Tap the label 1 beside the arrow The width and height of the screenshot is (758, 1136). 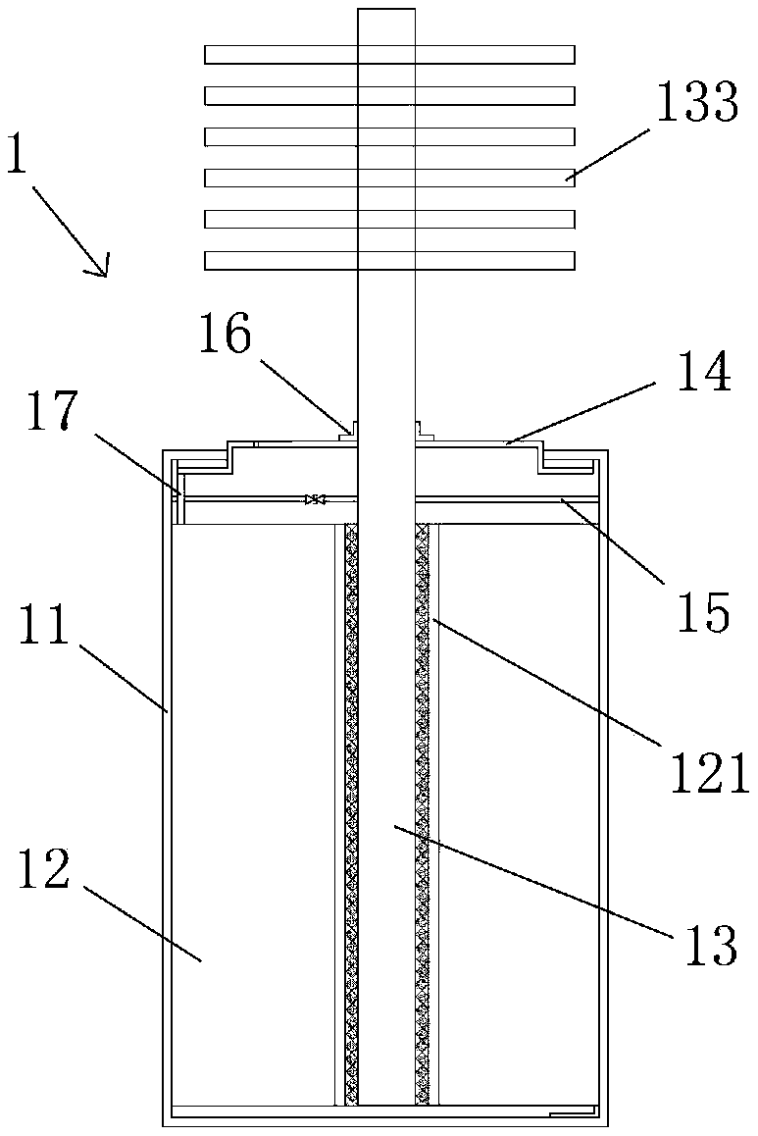pyautogui.click(x=17, y=157)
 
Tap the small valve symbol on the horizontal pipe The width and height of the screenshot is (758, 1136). pyautogui.click(x=315, y=500)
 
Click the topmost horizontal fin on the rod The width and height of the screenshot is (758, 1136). pyautogui.click(x=389, y=54)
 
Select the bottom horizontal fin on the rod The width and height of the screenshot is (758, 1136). pyautogui.click(x=389, y=260)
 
